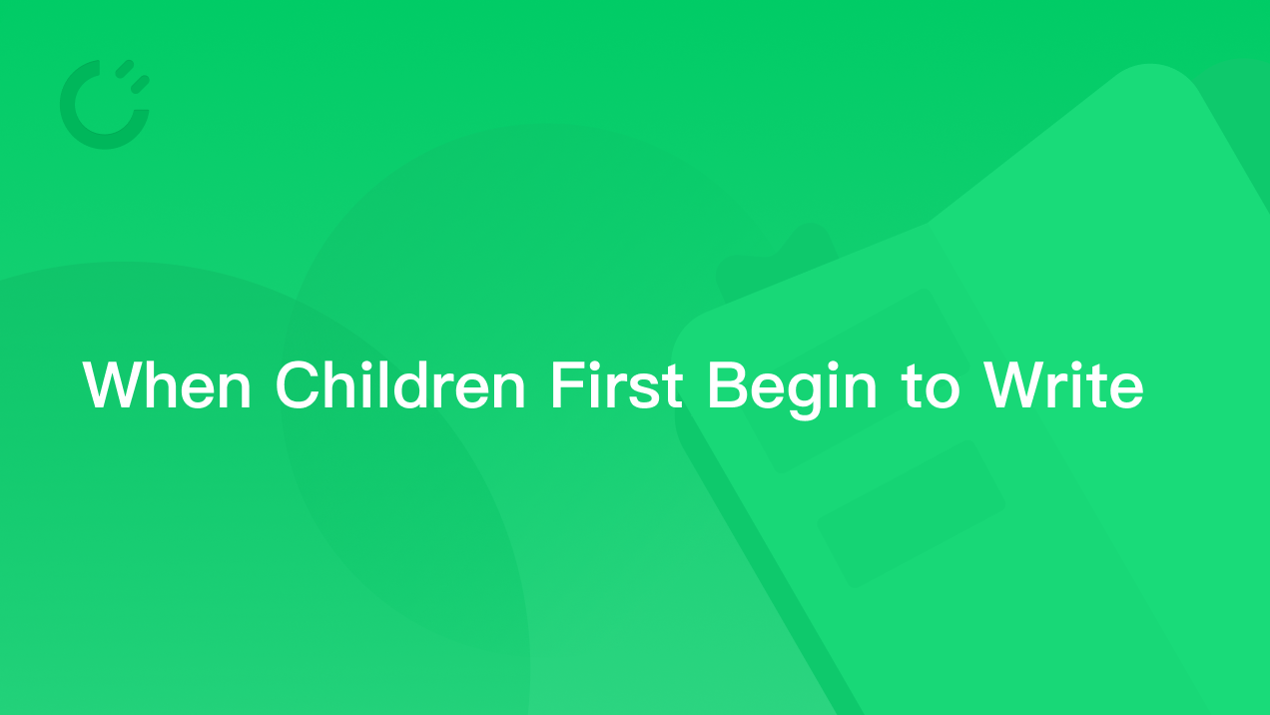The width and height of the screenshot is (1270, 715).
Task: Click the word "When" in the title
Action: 167,384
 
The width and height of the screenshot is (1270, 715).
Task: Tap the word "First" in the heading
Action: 617,384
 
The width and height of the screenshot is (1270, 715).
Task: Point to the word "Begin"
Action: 793,390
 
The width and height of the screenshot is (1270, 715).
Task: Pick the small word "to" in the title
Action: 930,386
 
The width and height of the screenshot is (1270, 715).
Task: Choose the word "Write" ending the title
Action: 1064,384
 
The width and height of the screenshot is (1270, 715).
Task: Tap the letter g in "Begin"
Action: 804,396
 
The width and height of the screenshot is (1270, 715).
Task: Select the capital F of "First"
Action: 567,384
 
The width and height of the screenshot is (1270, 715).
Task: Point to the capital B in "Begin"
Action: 729,384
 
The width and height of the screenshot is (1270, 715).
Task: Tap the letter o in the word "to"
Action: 942,390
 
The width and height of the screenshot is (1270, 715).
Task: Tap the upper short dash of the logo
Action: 124,69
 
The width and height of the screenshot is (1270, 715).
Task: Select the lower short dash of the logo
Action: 140,85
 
